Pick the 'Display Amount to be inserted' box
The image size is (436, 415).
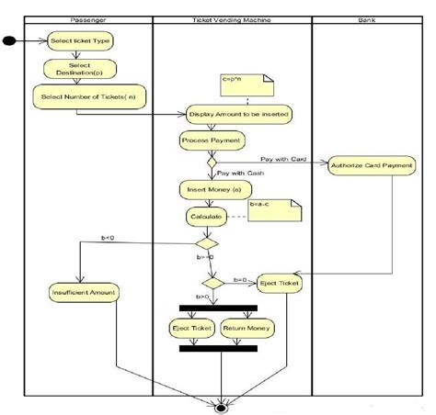pos(240,114)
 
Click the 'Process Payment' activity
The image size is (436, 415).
pos(212,140)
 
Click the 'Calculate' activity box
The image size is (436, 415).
pos(206,217)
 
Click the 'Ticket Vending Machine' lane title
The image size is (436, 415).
pos(232,19)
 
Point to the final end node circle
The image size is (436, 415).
pos(221,404)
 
